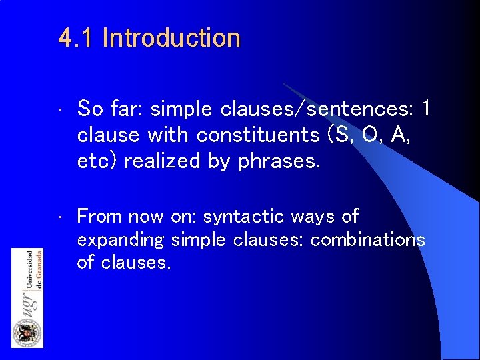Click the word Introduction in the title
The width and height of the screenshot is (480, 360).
[x=171, y=38]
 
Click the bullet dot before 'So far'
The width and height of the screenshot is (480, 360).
[x=60, y=109]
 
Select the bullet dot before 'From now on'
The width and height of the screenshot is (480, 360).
[x=60, y=218]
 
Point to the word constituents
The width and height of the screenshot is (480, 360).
[x=258, y=135]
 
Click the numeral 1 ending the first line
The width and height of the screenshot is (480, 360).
[x=427, y=108]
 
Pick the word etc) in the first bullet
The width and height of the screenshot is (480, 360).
[x=99, y=161]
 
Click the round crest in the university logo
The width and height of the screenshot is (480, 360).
[x=27, y=331]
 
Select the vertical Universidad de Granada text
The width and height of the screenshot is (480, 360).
[x=33, y=270]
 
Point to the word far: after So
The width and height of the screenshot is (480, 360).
[x=128, y=108]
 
